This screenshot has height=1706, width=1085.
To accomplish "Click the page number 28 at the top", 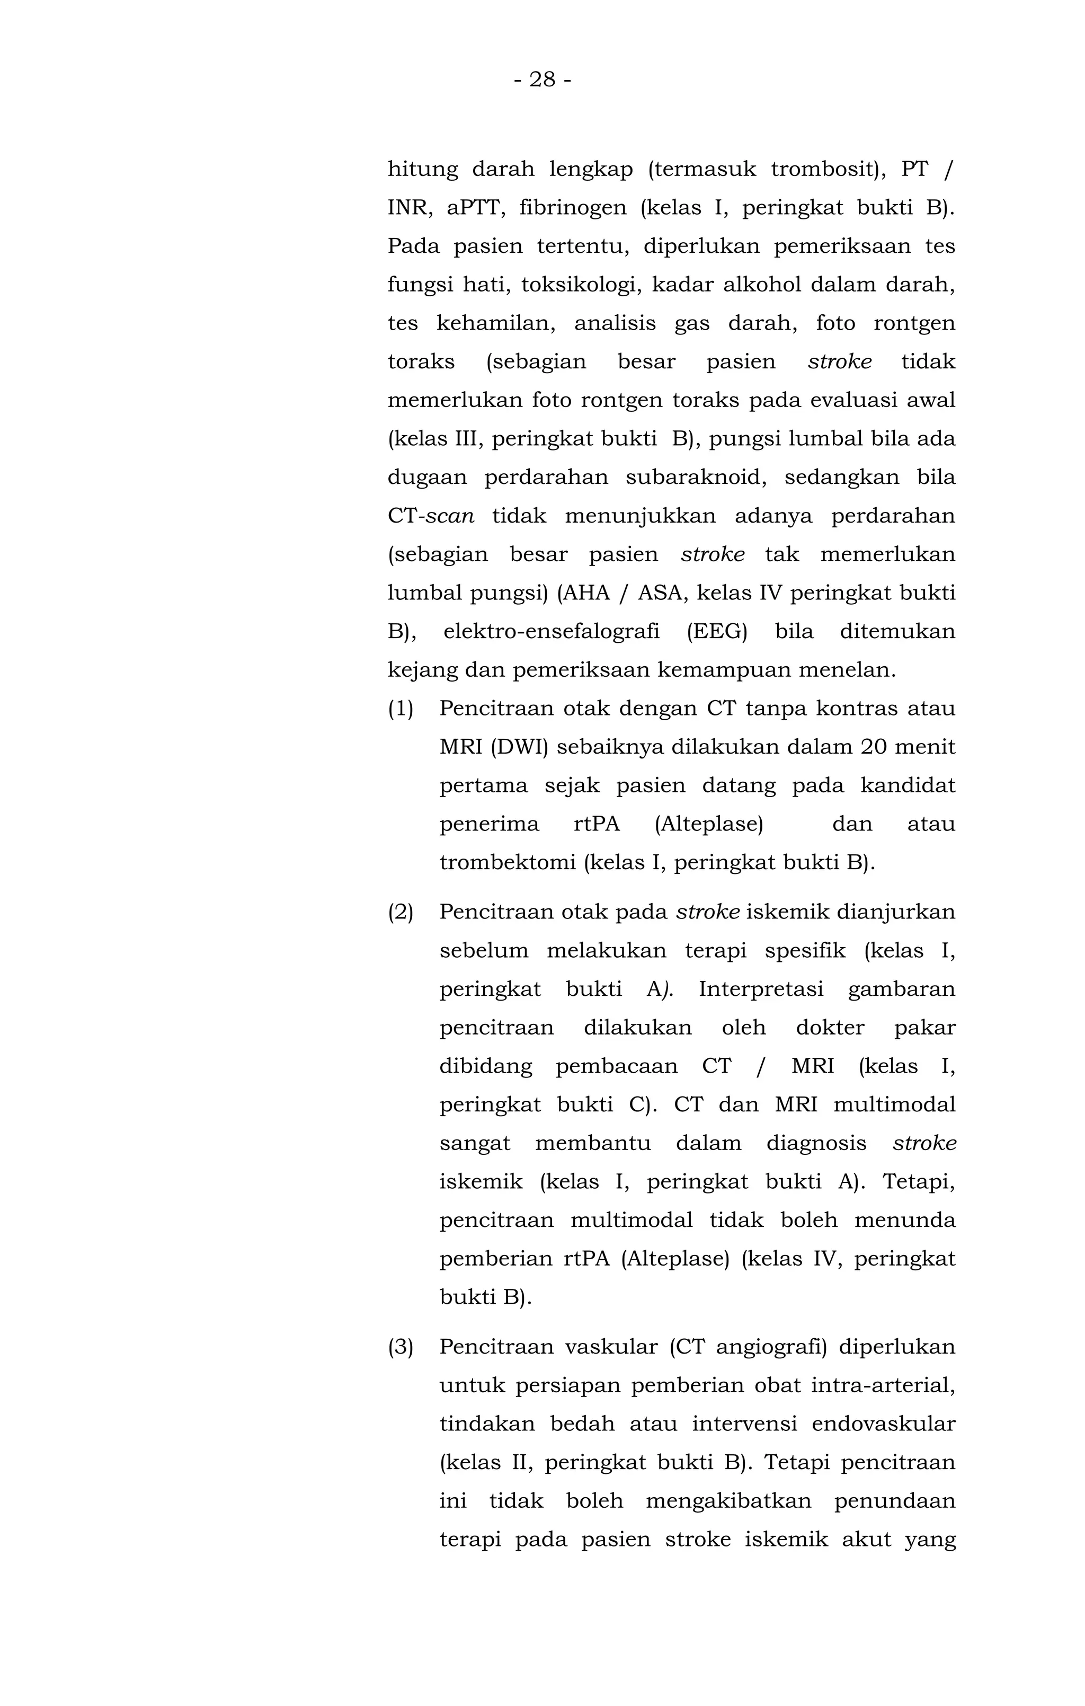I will coord(542,79).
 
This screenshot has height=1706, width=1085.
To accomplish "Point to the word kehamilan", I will coord(495,324).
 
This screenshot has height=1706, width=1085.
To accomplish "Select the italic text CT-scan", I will coord(431,516).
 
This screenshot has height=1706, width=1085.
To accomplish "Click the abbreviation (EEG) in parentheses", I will coord(717,631).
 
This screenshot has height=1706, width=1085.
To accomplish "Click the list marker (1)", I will coord(401,709).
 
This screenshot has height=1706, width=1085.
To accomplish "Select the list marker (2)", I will coord(401,912).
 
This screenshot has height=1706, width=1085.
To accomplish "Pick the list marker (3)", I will coord(401,1347).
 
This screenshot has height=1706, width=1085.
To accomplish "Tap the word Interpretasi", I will coord(761,989).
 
